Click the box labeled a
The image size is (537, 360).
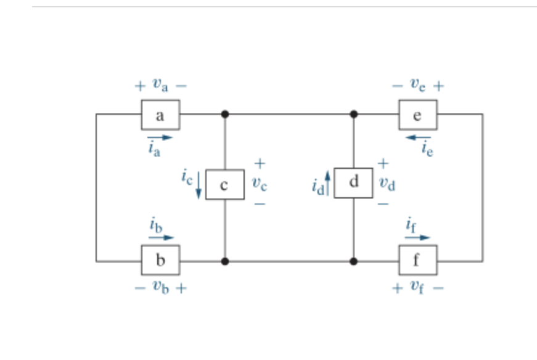(x=160, y=115)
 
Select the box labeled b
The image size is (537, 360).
(x=160, y=260)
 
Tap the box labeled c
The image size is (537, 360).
(x=224, y=184)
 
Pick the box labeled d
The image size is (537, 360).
(x=353, y=182)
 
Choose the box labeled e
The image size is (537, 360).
(x=417, y=115)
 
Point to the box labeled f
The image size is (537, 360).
(x=417, y=260)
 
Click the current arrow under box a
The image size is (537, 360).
(x=160, y=137)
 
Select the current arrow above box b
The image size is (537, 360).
(x=161, y=237)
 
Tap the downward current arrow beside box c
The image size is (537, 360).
(x=199, y=187)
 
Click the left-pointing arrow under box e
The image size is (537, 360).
(x=418, y=137)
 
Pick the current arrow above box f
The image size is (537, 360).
(x=417, y=237)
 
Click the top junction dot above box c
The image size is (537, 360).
(x=225, y=114)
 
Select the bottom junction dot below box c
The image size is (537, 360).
(x=225, y=261)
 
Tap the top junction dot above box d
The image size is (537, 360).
(x=353, y=114)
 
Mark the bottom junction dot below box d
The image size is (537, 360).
(x=353, y=261)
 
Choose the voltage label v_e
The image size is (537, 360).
(x=418, y=86)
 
